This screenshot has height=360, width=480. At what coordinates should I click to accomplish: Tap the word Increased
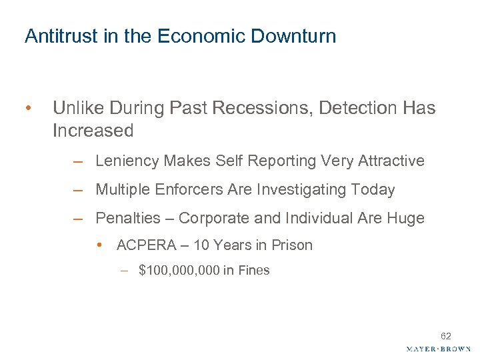pos(93,131)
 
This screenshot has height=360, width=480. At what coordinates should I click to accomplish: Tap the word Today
pos(375,190)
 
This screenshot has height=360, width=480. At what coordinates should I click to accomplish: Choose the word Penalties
pos(128,219)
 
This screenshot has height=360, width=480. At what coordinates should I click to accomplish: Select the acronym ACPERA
pos(145,245)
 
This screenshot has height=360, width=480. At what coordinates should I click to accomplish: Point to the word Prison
pos(292,245)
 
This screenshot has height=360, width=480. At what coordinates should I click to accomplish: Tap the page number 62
pos(445,336)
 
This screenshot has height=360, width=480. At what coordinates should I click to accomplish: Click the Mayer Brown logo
pos(438,349)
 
